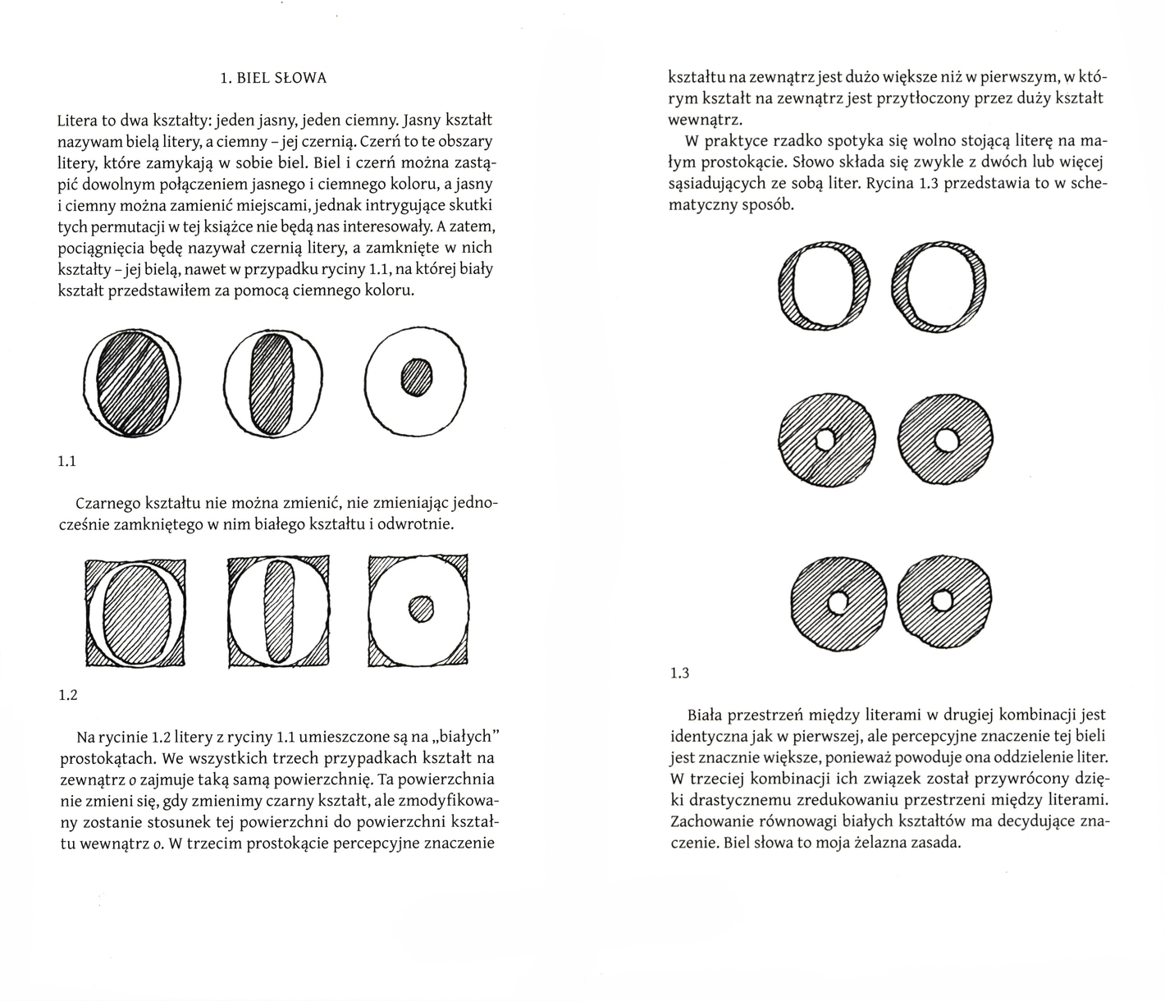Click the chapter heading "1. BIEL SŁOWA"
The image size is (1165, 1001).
click(273, 79)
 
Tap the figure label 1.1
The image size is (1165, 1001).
click(67, 461)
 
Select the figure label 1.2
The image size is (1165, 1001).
click(67, 696)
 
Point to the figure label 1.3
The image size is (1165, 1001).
click(679, 674)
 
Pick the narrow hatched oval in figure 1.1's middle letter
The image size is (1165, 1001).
click(268, 384)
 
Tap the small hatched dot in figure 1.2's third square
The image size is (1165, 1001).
click(421, 608)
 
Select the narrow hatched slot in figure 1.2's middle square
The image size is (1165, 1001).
click(279, 610)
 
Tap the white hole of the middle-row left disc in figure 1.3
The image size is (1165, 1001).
click(825, 441)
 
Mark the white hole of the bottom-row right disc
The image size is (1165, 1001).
click(941, 602)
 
